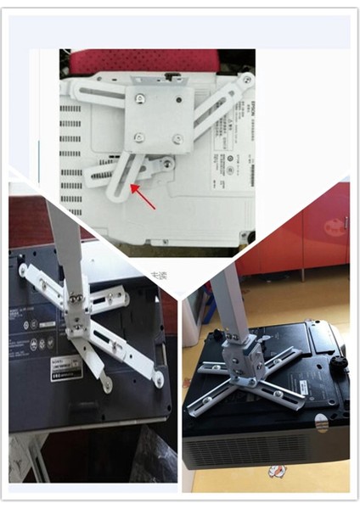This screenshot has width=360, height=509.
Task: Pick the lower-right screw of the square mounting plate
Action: point(177,138)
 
